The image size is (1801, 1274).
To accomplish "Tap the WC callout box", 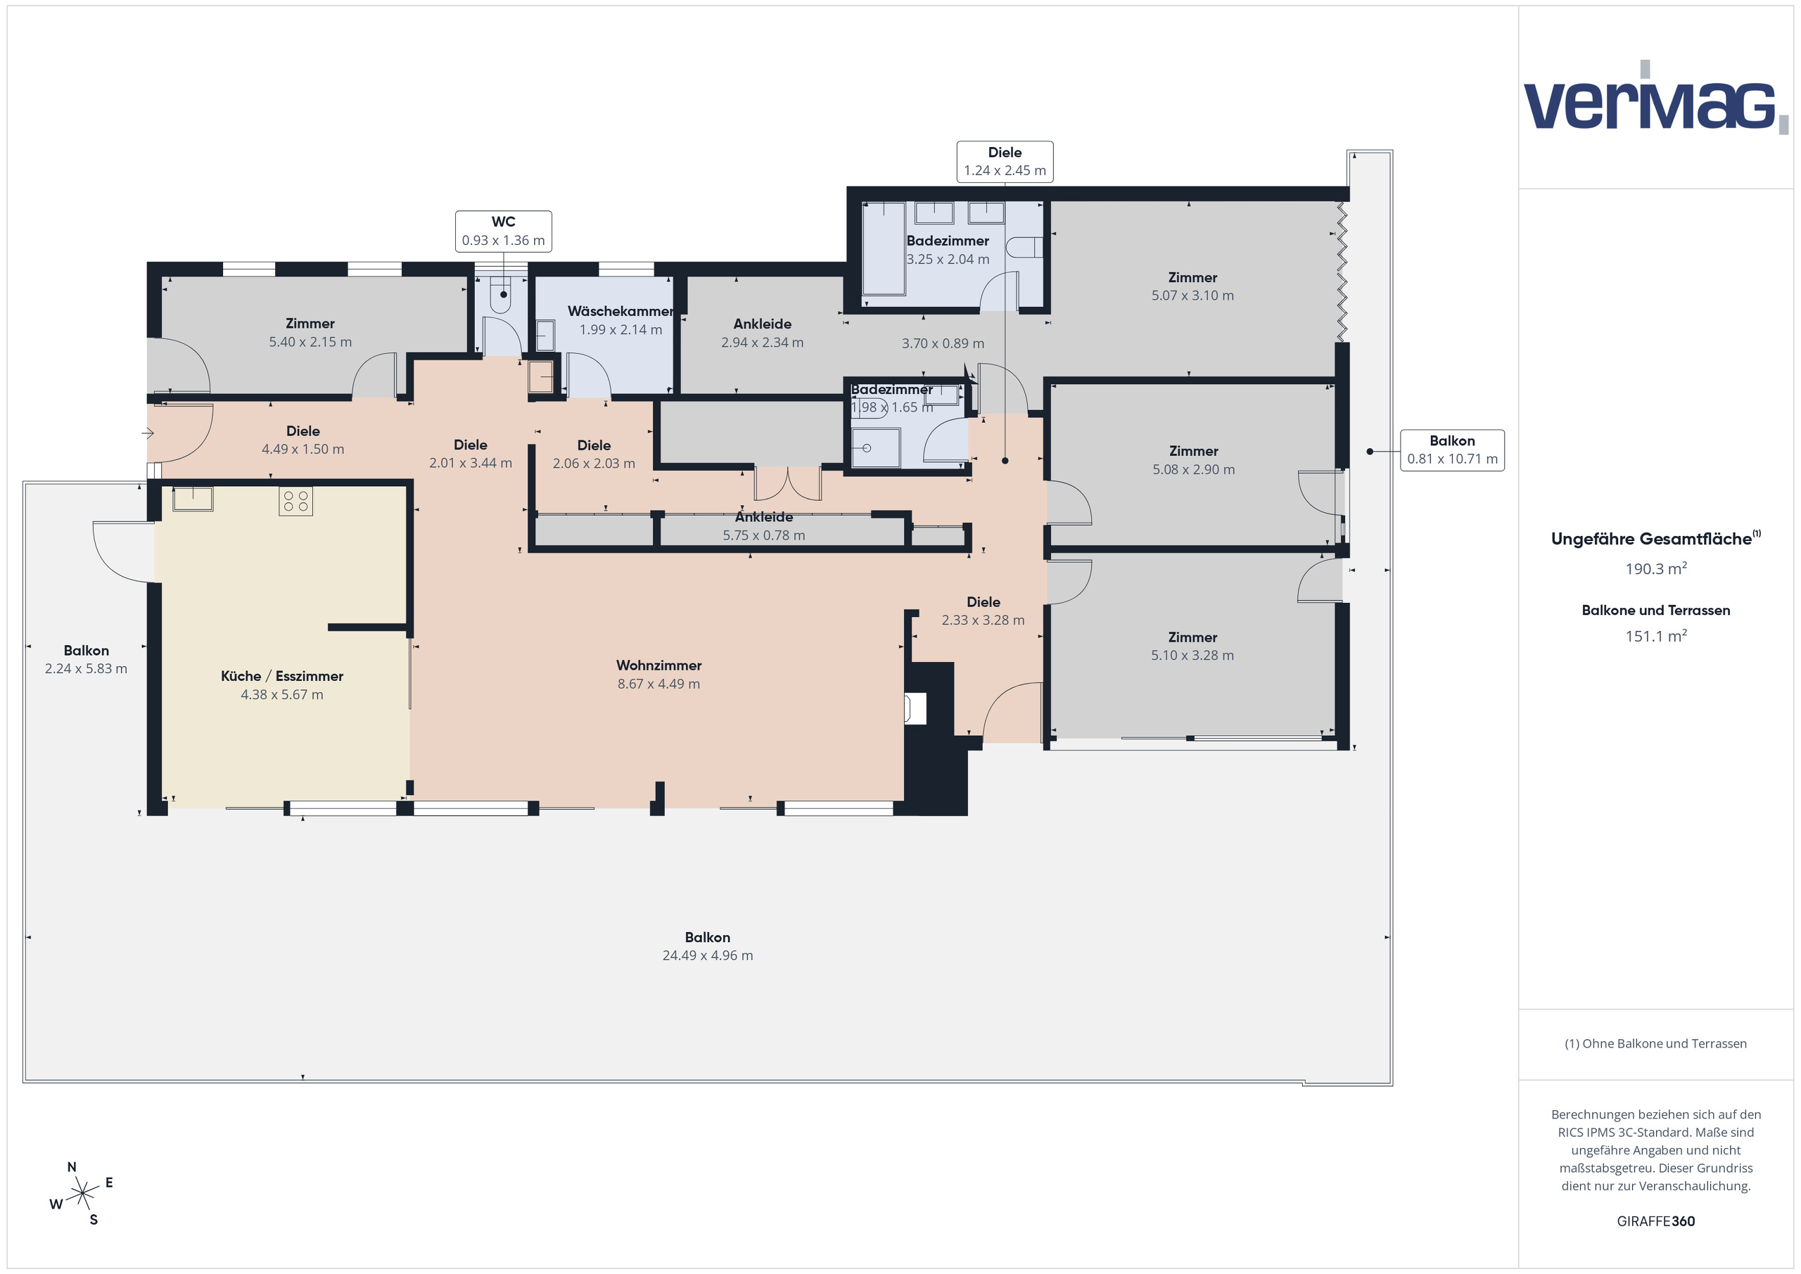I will (503, 231).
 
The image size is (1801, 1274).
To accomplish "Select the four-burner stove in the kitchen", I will (295, 502).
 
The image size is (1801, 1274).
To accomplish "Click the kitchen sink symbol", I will (193, 498).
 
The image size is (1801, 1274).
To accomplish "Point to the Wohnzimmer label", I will (658, 665).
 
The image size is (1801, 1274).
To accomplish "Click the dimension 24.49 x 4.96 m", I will (707, 955).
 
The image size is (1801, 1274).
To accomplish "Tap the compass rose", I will (82, 1195).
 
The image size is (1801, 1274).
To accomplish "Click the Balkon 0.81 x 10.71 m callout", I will (1451, 450).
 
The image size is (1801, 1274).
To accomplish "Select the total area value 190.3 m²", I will (1655, 568).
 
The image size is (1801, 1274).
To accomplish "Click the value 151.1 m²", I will (1655, 636).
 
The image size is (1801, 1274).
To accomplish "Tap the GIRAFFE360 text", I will (1655, 1221).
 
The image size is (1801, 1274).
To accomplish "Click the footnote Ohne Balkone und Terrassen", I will (1655, 1043).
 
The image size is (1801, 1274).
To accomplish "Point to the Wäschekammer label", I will (620, 312).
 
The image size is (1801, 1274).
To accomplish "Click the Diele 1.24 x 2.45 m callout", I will (1004, 162).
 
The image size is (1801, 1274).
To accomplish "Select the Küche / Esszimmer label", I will (281, 676).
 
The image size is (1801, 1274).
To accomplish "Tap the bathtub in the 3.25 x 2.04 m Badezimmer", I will (884, 249).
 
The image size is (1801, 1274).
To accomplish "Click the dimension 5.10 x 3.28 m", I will (1192, 656).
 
